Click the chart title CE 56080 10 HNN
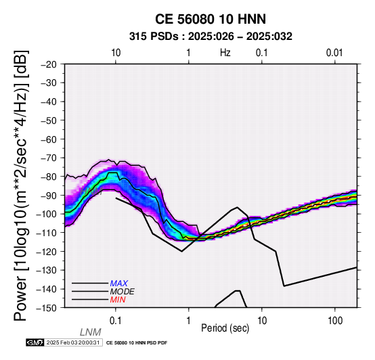[211, 19]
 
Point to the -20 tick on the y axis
[49, 64]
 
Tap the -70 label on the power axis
[49, 158]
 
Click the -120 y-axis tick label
[46, 252]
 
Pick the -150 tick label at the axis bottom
[46, 308]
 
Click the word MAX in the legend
[119, 284]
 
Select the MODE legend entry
[123, 292]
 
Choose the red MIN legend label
[118, 300]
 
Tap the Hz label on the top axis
[225, 53]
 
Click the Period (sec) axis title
[225, 328]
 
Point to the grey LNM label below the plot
[91, 332]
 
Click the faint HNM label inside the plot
[91, 192]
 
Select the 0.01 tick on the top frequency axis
[334, 53]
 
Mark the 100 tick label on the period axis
[335, 321]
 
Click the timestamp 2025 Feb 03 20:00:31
[73, 342]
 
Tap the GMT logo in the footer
[35, 342]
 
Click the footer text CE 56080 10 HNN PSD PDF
[137, 343]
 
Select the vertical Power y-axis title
[21, 185]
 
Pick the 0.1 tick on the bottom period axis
[116, 321]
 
